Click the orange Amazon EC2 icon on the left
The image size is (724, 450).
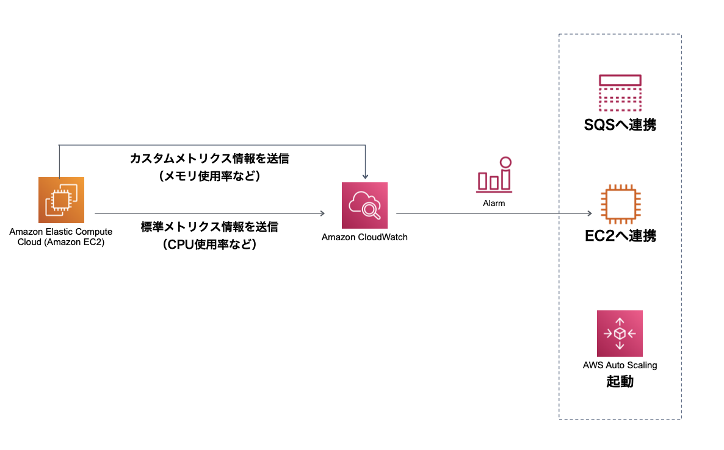point(61,200)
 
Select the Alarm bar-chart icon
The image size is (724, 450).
point(494,175)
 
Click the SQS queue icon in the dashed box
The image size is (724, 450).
point(620,91)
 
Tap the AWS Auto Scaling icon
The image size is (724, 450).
point(620,334)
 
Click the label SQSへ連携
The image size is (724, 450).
point(620,126)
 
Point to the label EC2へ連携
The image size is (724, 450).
point(620,236)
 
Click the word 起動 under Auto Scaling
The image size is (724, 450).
point(620,382)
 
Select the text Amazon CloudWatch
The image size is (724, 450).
point(364,237)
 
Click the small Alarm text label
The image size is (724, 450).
point(494,203)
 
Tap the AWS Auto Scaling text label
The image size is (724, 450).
point(620,366)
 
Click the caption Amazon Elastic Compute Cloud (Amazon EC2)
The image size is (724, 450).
point(61,237)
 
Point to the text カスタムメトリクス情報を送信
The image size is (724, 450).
point(209,159)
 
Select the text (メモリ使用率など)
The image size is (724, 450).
point(209,177)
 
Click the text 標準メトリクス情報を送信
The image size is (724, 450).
point(209,227)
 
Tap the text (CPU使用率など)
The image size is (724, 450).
point(209,245)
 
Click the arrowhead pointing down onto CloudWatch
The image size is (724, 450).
point(364,176)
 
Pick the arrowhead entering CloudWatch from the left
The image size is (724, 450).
point(321,213)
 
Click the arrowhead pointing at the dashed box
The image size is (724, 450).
point(589,213)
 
